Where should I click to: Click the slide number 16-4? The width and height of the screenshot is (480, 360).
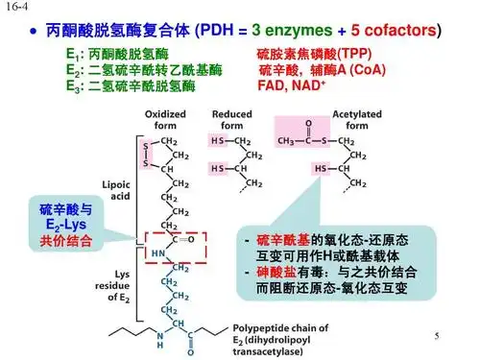pos(13,8)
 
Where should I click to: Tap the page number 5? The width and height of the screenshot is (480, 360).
pos(436,337)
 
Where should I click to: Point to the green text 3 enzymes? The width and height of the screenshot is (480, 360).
pos(294,31)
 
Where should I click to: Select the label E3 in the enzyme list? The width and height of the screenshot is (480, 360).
pos(73,86)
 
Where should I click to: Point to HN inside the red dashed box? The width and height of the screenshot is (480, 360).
pos(158,252)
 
